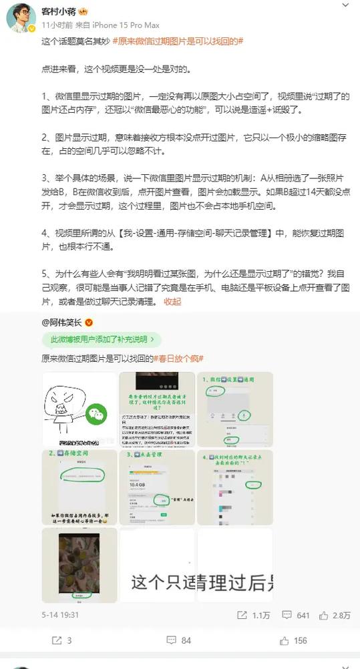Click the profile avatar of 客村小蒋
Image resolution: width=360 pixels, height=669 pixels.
coord(21,18)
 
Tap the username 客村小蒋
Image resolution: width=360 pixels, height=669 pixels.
coord(59,11)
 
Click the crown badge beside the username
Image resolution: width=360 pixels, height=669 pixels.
coord(84,11)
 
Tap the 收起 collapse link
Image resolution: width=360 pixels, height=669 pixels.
coord(172,301)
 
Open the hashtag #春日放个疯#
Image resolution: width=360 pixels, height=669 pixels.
coord(179,359)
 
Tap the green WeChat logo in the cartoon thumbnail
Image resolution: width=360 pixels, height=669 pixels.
coord(98,415)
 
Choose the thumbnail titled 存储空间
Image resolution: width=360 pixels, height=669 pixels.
coord(79,487)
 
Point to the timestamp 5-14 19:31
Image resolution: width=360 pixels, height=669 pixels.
coord(60,614)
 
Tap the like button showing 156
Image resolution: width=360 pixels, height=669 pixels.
coord(294,640)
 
